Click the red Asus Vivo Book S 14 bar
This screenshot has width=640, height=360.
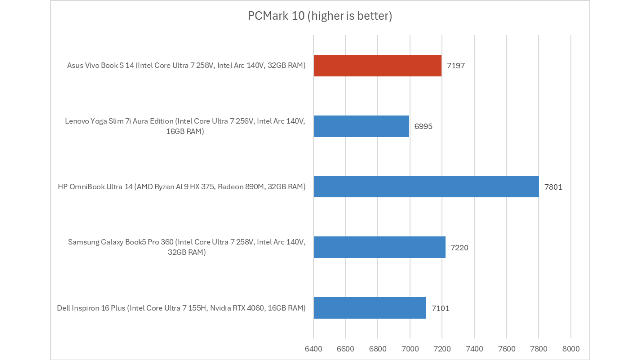pos(377,66)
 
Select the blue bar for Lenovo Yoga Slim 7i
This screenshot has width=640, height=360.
pos(361,126)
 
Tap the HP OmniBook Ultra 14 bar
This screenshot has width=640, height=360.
pos(426,187)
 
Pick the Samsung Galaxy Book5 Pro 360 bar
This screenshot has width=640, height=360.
pos(379,247)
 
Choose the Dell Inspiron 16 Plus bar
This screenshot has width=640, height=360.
pos(370,308)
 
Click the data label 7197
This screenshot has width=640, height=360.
pos(456,66)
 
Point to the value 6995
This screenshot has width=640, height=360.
pos(423,126)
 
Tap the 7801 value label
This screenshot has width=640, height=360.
pos(553,187)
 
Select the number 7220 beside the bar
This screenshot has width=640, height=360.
pos(459,248)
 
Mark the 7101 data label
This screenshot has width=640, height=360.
pos(440,308)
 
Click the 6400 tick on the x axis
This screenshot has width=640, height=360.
pos(313,349)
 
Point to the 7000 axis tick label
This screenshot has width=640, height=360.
pos(410,349)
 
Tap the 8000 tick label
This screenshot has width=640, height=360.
pos(571,349)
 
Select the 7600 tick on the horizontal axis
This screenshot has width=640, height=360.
pos(506,349)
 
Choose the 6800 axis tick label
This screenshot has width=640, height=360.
pos(378,349)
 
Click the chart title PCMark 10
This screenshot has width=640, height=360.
pos(320,16)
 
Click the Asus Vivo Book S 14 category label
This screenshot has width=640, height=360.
pos(186,65)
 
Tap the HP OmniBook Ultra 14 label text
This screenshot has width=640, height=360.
pos(181,187)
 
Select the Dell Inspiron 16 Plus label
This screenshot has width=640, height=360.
pos(181,308)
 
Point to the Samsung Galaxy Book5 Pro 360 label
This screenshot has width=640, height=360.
pos(186,247)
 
